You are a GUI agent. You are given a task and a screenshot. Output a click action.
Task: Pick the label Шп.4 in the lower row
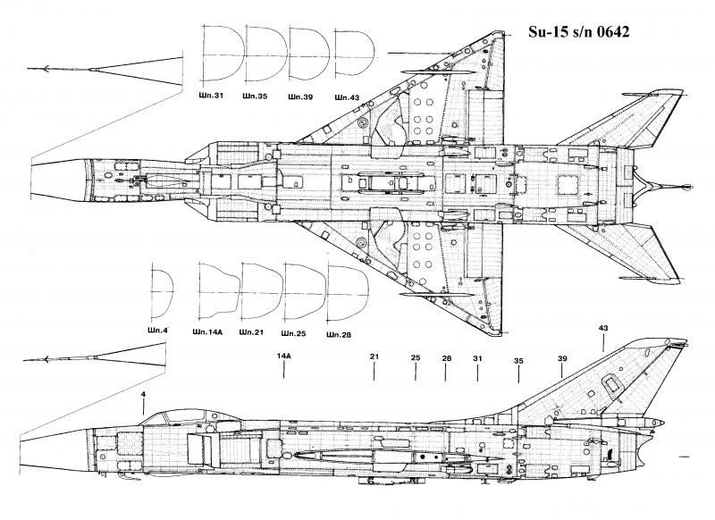coord(161,331)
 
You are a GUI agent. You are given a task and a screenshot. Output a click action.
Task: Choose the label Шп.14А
coord(208,331)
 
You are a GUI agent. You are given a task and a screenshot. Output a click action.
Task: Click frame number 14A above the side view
coord(284,356)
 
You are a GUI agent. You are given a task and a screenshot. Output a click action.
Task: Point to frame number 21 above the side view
coord(374,356)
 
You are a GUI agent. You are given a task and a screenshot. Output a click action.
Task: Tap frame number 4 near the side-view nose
coord(141,394)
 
